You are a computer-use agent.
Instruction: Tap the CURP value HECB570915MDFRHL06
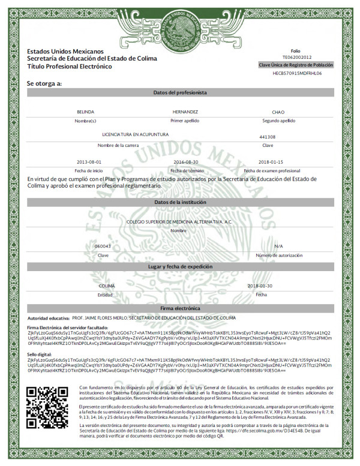tap(294, 73)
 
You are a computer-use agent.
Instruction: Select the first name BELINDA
tap(86, 112)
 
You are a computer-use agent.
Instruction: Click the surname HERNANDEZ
tap(185, 112)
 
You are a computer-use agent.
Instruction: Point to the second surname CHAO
tap(278, 112)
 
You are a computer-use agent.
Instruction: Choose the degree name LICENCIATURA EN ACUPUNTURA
tap(136, 135)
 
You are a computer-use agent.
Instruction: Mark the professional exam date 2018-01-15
tap(271, 162)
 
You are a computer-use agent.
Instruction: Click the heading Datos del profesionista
tap(180, 93)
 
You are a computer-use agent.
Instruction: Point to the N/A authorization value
tap(278, 246)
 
